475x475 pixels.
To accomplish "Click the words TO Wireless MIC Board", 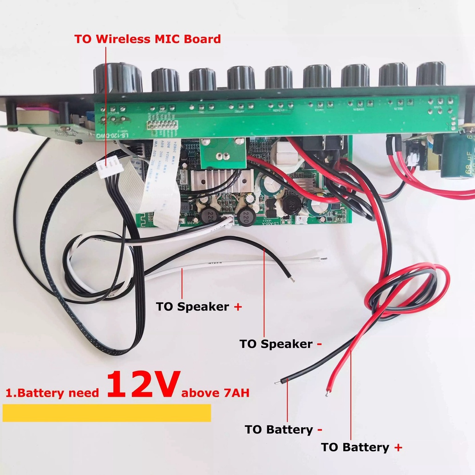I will [x=148, y=39].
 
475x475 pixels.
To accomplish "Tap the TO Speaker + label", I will [x=199, y=307].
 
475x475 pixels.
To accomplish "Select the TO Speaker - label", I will [x=280, y=344].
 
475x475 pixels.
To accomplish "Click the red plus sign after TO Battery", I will [x=398, y=448].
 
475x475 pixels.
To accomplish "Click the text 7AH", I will [x=235, y=393].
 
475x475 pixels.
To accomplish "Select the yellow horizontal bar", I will [x=107, y=413].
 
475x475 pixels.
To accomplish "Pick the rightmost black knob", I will [x=430, y=75].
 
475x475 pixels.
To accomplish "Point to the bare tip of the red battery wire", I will [x=328, y=393].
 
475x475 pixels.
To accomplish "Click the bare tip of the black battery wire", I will [x=277, y=383].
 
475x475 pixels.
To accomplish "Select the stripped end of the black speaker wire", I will [x=292, y=279].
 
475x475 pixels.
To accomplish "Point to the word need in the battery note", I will [x=83, y=393].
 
